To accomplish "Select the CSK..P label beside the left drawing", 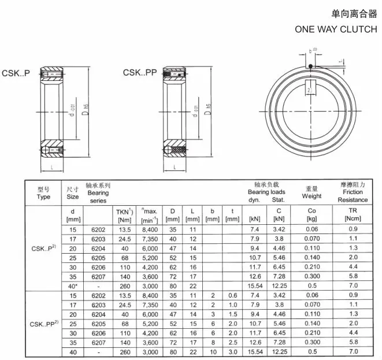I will click(16, 73).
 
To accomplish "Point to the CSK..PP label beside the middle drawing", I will click(140, 73).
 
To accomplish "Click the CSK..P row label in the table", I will click(43, 249).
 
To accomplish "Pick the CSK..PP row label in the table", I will click(43, 325).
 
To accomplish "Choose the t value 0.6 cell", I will click(232, 296).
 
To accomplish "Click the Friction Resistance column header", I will click(353, 192).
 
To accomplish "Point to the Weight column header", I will click(311, 192).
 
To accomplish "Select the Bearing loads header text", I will click(266, 192).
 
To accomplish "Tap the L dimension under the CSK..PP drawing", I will click(174, 167).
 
